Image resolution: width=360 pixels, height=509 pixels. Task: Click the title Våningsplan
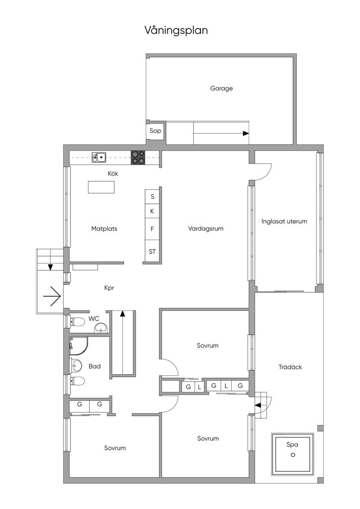pos(176,31)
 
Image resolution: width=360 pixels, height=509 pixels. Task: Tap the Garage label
pos(221,88)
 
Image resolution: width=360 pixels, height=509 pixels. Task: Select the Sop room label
pos(155,131)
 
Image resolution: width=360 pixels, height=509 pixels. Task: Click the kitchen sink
pos(99,158)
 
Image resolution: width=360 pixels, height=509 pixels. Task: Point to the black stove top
pos(138,158)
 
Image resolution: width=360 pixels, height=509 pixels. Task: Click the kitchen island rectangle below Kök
pos(101,187)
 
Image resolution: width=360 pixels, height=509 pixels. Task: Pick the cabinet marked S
pos(153,196)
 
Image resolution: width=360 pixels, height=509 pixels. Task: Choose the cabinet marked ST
pos(152,251)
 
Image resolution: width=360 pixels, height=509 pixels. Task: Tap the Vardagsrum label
pos(206,229)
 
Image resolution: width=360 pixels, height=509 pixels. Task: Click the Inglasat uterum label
pos(284,221)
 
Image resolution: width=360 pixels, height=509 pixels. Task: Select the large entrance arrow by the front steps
pos(52,296)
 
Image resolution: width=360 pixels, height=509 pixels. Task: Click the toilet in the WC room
pos(77,322)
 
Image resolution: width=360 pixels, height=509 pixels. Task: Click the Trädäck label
pos(290,367)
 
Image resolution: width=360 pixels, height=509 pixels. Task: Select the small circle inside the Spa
pos(293,455)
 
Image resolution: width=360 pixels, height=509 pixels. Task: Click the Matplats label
pos(104,229)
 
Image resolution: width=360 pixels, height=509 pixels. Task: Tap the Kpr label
pos(109,288)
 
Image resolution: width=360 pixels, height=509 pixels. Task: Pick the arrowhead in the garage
pos(246,133)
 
